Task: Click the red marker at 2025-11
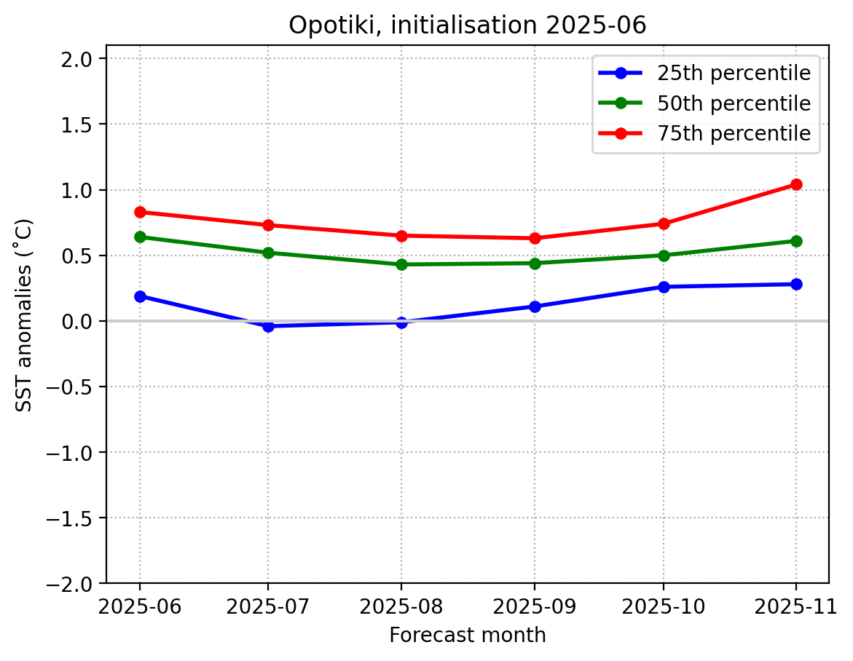pyautogui.click(x=795, y=184)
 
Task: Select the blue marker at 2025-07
pyautogui.click(x=268, y=326)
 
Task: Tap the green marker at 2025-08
pyautogui.click(x=401, y=264)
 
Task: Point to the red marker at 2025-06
pyautogui.click(x=140, y=212)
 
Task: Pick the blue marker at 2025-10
pyautogui.click(x=663, y=287)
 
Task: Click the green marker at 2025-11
pyautogui.click(x=795, y=241)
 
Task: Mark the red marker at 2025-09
pyautogui.click(x=535, y=238)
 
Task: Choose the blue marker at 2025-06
pyautogui.click(x=140, y=296)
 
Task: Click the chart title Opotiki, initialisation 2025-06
pyautogui.click(x=467, y=25)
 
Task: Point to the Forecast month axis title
pyautogui.click(x=467, y=636)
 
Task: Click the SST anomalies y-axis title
pyautogui.click(x=24, y=314)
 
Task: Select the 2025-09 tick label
pyautogui.click(x=535, y=606)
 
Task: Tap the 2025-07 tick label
pyautogui.click(x=268, y=606)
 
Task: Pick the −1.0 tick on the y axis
pyautogui.click(x=71, y=453)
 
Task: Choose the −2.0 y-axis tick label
pyautogui.click(x=71, y=584)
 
